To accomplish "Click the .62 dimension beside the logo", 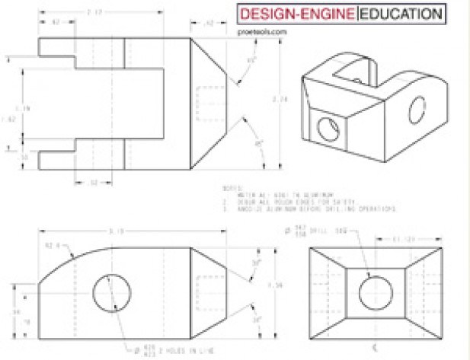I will pyautogui.click(x=210, y=24).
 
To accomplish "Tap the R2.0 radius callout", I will pyautogui.click(x=53, y=246).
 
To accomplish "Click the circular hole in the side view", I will pyautogui.click(x=113, y=292).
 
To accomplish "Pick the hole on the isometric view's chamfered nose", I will pyautogui.click(x=327, y=129).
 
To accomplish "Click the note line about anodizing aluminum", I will pyautogui.click(x=305, y=208).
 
